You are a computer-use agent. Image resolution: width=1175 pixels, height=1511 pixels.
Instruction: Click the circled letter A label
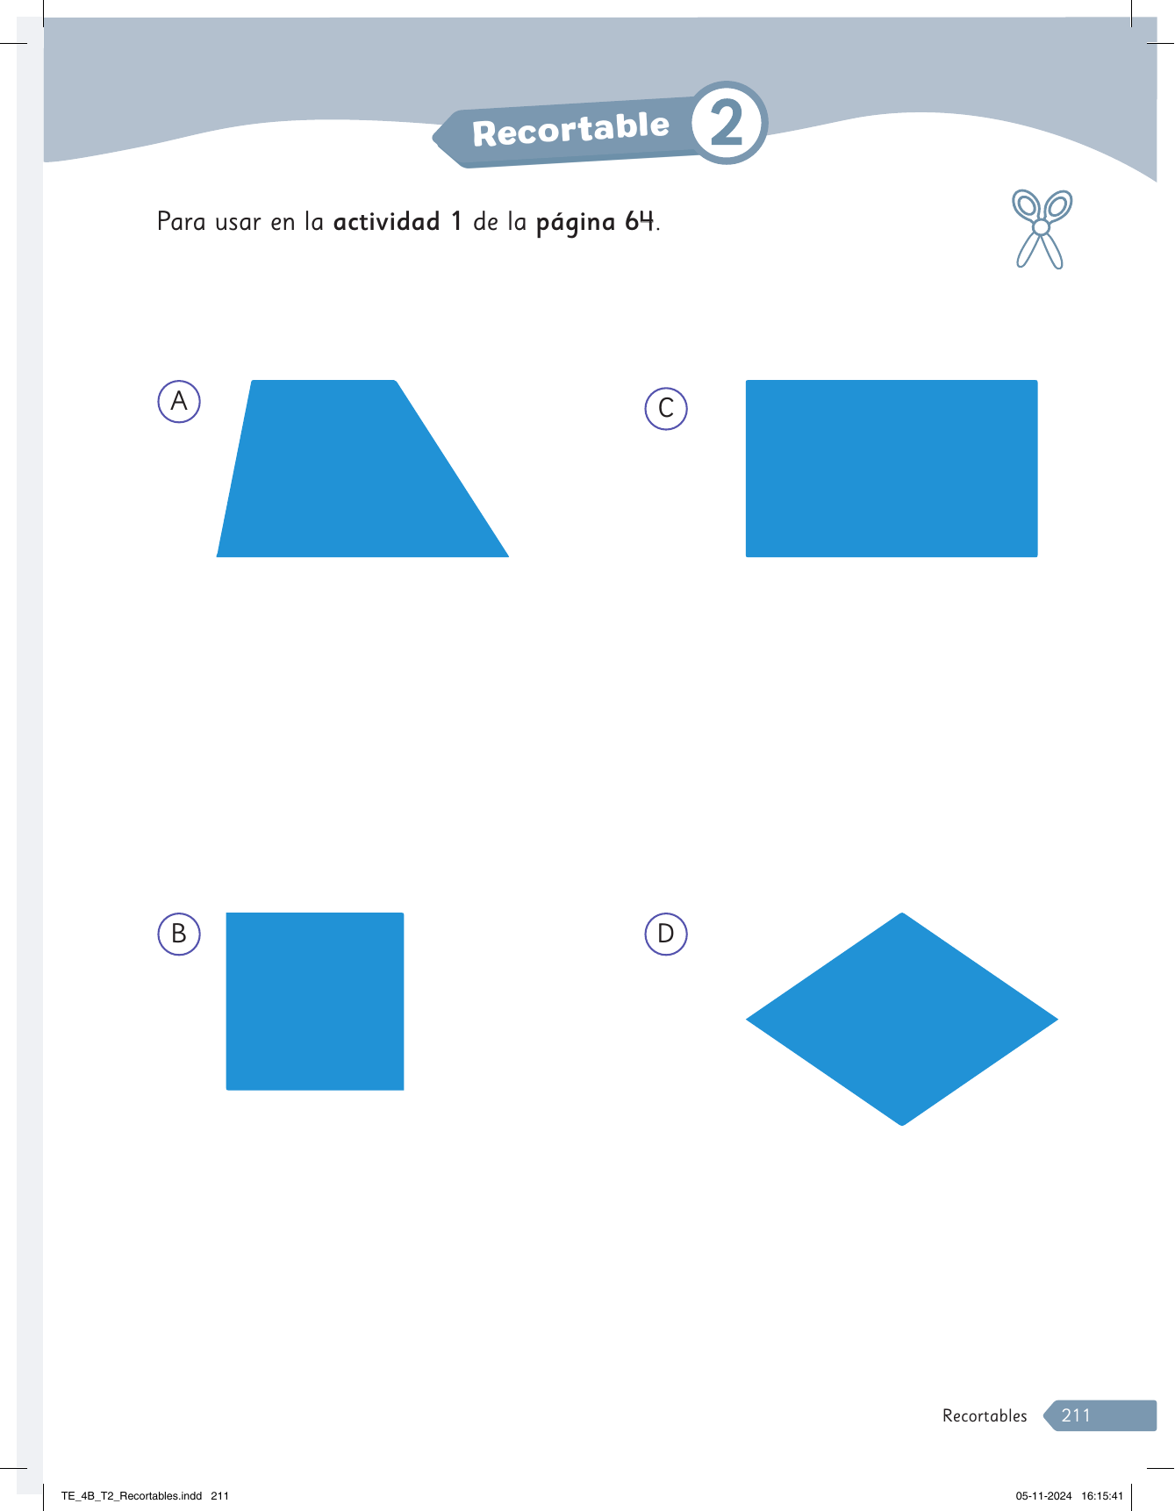click(x=179, y=402)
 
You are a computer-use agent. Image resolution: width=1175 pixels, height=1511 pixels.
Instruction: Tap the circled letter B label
click(x=179, y=934)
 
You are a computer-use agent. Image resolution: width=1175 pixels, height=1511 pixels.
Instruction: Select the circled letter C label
click(x=666, y=409)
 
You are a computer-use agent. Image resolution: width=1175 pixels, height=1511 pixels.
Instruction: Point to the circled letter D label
click(x=666, y=934)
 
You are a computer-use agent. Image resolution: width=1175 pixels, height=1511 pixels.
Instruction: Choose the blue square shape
click(x=315, y=1001)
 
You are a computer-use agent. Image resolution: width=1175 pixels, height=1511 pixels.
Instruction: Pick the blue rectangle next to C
click(x=892, y=469)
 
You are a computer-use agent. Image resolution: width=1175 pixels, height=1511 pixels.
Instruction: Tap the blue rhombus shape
click(x=902, y=1019)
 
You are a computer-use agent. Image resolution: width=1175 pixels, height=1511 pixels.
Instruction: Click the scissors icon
click(x=1042, y=228)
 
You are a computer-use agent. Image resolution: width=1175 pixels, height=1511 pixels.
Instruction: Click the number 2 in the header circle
click(x=727, y=124)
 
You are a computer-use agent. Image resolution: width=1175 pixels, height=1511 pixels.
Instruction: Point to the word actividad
click(x=386, y=221)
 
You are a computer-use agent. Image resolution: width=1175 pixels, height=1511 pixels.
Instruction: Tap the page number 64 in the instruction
click(x=640, y=221)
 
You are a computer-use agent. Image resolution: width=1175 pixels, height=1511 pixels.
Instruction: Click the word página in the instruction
click(x=576, y=223)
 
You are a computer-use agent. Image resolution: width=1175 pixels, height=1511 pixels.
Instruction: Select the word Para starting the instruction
click(x=181, y=221)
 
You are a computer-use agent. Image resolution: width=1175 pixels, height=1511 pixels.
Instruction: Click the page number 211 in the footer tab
click(x=1076, y=1415)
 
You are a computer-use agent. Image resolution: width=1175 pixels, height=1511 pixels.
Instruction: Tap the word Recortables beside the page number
click(x=985, y=1415)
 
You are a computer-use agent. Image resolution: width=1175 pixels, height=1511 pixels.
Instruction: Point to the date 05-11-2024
click(x=1043, y=1496)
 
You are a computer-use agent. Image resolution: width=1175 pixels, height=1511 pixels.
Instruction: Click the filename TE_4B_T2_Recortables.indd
click(x=132, y=1496)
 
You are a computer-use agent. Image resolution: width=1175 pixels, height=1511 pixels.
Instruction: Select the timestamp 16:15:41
click(x=1102, y=1496)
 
